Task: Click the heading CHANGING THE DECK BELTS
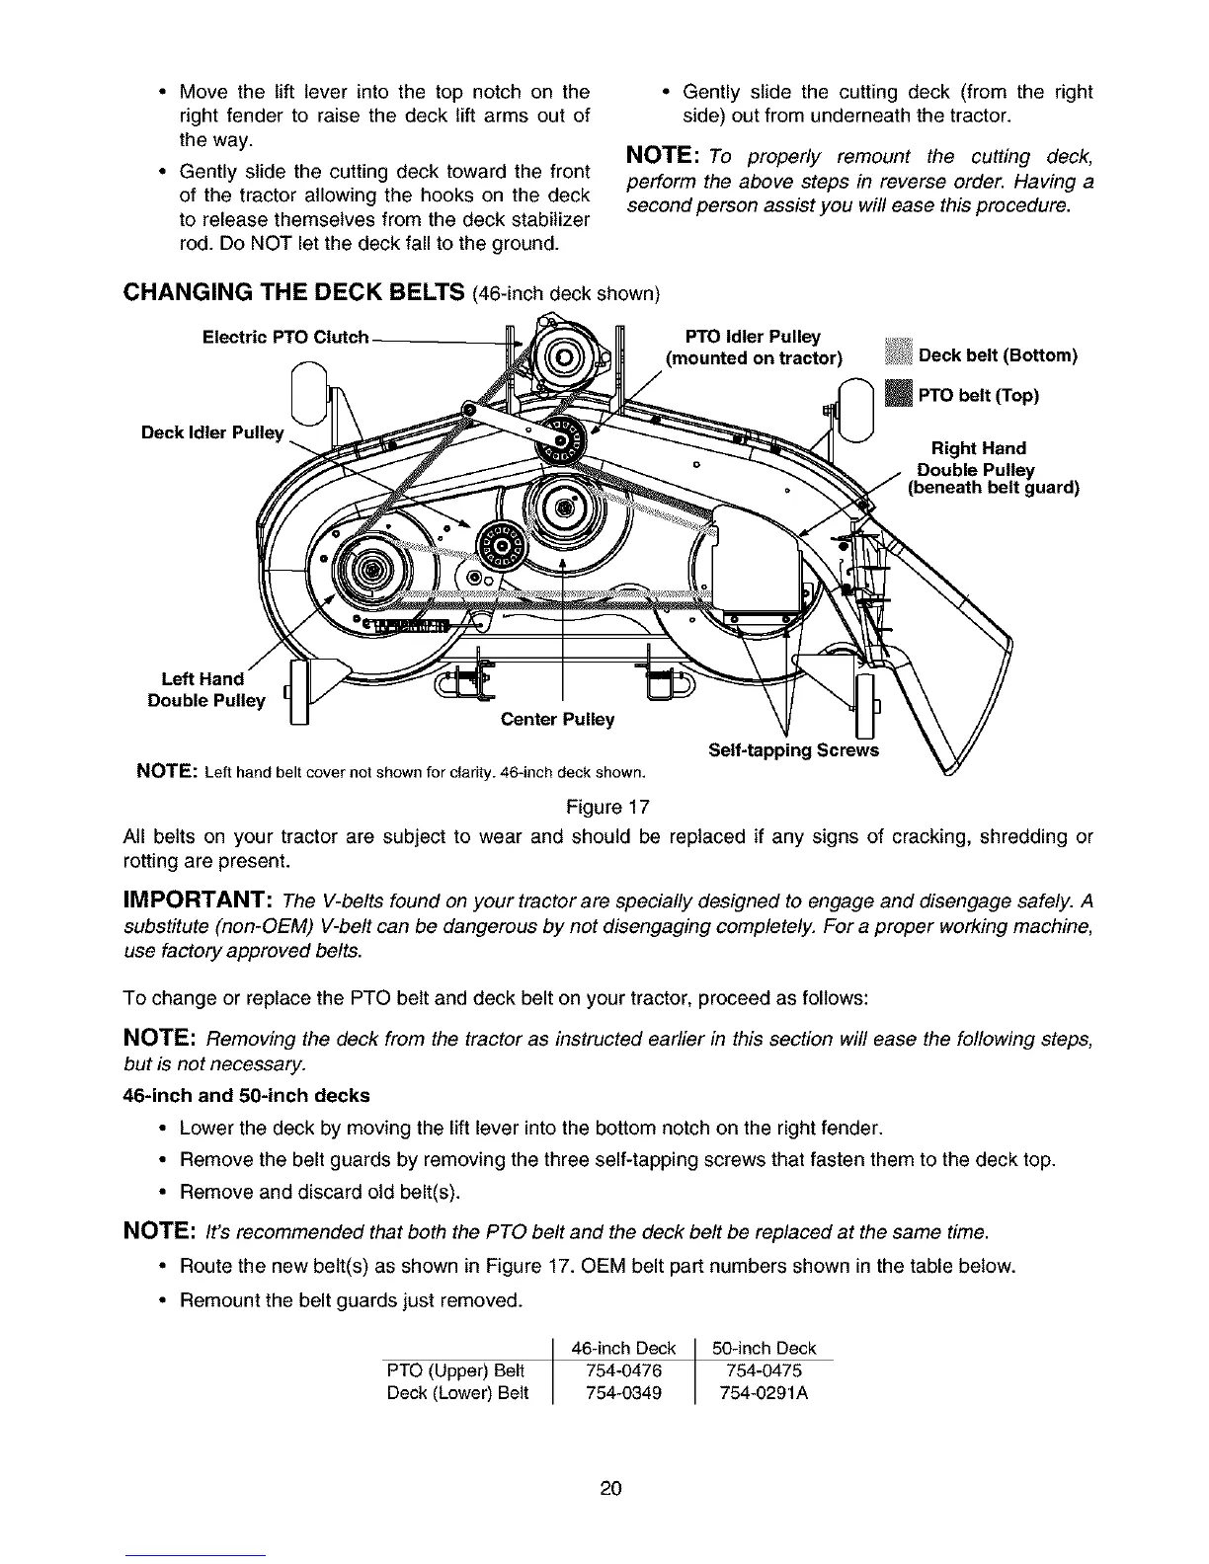point(294,293)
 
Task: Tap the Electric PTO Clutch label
point(284,338)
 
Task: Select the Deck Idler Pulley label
point(211,432)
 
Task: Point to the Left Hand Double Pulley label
point(205,689)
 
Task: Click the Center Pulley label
point(557,719)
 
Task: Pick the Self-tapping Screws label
point(793,749)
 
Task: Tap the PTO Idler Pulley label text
point(755,348)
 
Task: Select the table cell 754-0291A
point(766,1393)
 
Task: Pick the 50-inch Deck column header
point(766,1348)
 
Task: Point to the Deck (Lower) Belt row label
point(457,1393)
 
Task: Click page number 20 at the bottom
point(609,1488)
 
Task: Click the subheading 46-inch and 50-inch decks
point(245,1095)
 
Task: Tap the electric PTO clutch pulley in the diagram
point(566,356)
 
